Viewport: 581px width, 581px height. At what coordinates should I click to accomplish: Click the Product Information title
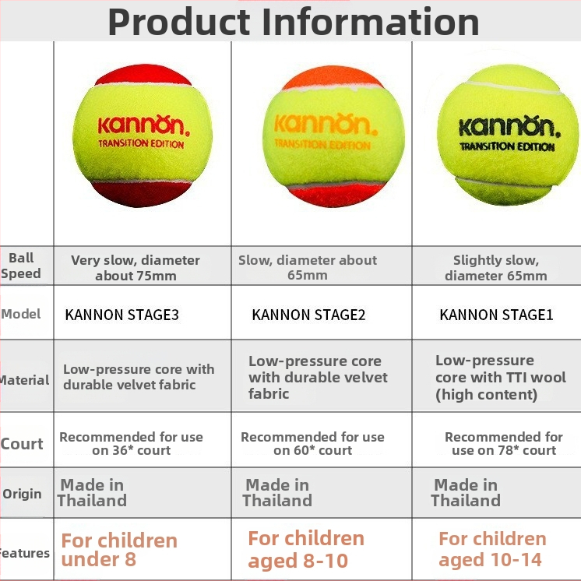click(294, 22)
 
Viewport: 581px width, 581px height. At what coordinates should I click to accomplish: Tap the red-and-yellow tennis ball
click(143, 136)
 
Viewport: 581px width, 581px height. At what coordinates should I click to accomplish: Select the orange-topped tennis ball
click(333, 136)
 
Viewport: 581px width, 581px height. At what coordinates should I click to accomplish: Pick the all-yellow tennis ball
click(508, 135)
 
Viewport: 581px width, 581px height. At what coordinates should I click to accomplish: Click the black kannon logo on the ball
click(509, 127)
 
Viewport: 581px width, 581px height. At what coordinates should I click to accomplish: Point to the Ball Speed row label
click(21, 266)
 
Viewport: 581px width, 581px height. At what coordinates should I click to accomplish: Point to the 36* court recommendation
click(131, 443)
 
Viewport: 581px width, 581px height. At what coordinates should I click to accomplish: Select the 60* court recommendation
click(313, 443)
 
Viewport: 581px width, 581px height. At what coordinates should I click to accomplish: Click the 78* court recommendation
click(504, 443)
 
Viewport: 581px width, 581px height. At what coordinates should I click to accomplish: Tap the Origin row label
click(22, 494)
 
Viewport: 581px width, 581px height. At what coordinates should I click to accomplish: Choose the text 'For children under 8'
click(119, 550)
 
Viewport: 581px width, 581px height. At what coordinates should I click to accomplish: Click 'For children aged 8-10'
click(306, 549)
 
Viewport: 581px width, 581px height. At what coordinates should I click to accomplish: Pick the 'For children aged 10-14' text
click(492, 549)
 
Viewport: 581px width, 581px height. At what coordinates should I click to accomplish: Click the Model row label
click(21, 314)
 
